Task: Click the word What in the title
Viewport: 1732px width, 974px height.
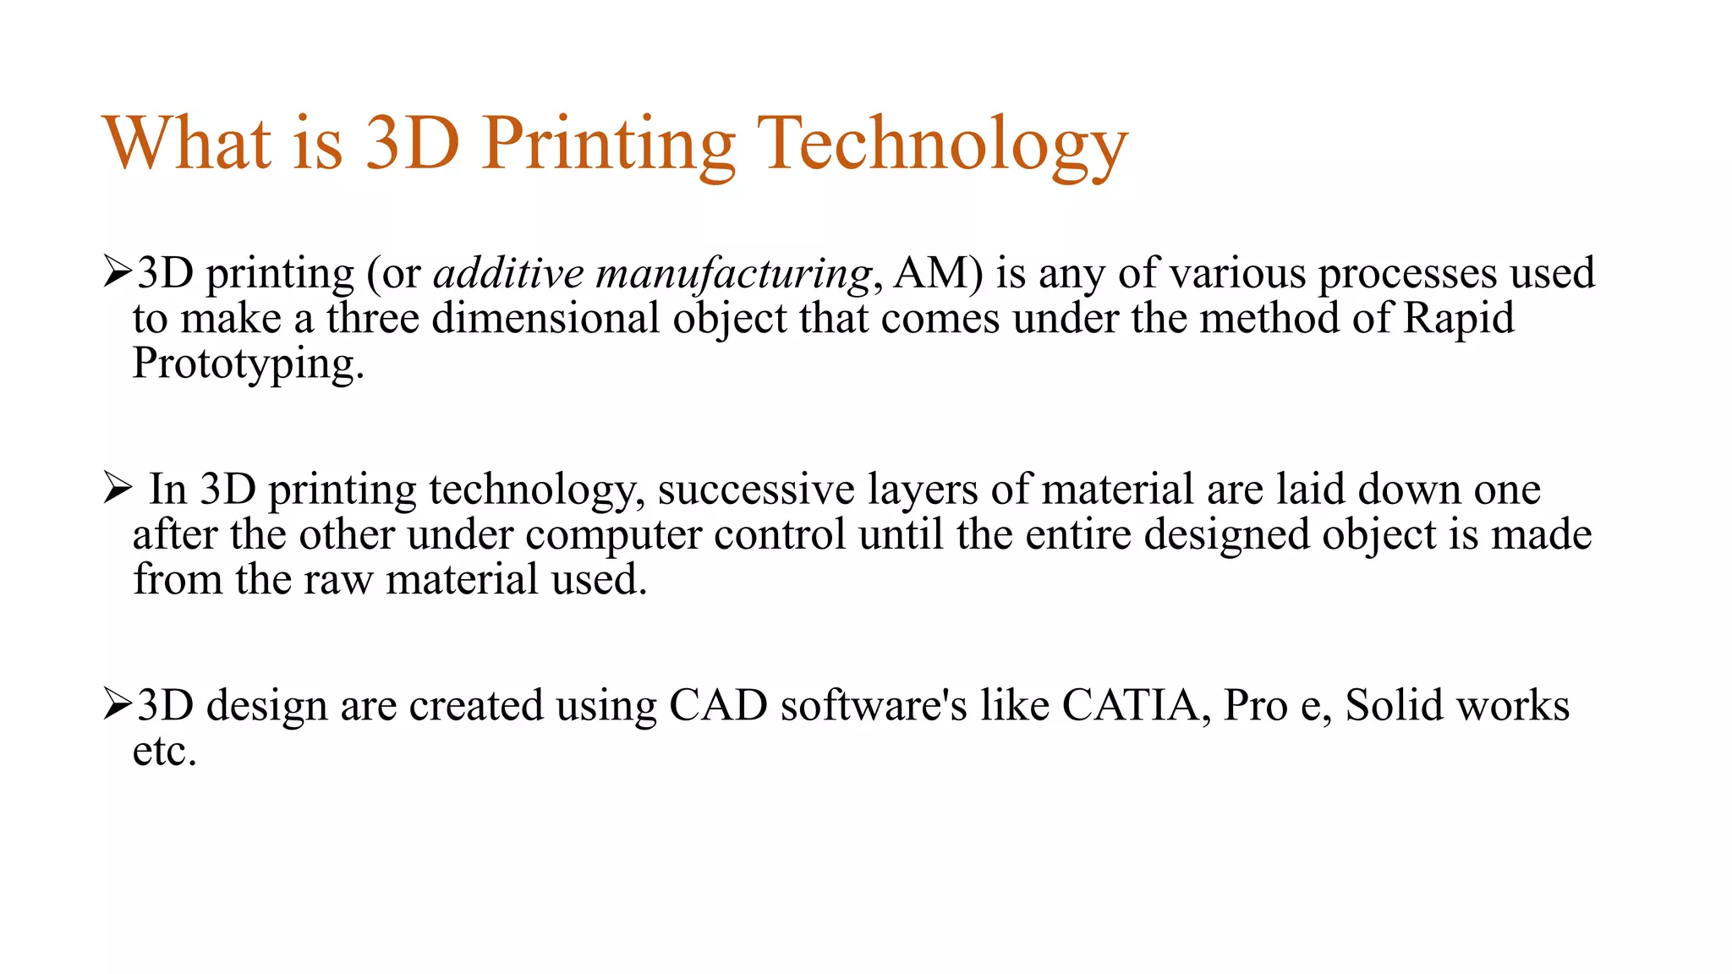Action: pyautogui.click(x=187, y=143)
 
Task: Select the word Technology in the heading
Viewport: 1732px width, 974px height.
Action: pyautogui.click(x=942, y=145)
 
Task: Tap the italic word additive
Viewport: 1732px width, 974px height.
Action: pyautogui.click(x=508, y=273)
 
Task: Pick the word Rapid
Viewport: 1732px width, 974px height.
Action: pyautogui.click(x=1459, y=319)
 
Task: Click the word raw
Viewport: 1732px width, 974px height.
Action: pyautogui.click(x=337, y=580)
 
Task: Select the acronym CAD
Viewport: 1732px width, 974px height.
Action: pyautogui.click(x=718, y=705)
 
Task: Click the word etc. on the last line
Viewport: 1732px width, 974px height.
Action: pyautogui.click(x=164, y=751)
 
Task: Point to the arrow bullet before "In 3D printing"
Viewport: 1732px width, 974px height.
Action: pyautogui.click(x=118, y=488)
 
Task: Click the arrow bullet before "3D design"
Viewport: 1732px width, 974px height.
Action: pyautogui.click(x=118, y=704)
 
